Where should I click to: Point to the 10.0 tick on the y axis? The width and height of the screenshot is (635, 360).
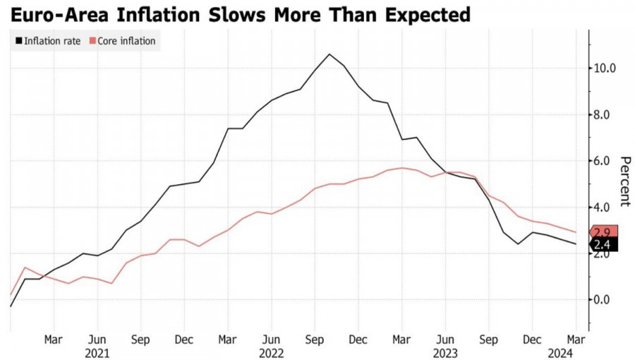[x=605, y=68]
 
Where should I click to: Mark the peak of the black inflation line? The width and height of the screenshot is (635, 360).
[x=329, y=54]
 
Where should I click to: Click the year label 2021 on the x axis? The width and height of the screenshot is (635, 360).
[x=97, y=352]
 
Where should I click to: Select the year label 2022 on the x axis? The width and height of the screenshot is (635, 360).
[x=272, y=352]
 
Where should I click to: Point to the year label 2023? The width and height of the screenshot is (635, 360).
[x=445, y=352]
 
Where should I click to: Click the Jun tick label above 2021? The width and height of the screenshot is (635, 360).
[x=97, y=339]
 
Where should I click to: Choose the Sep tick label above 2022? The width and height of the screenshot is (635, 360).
[x=315, y=339]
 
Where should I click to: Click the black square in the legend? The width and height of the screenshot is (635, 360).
[x=19, y=41]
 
